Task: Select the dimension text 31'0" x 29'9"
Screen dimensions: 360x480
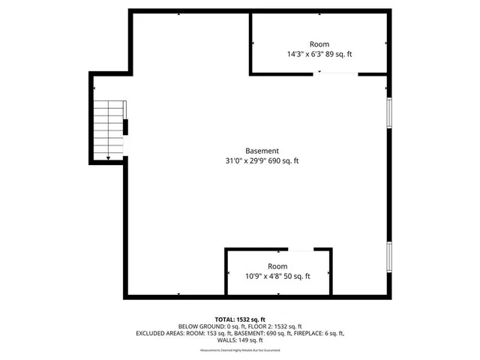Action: pyautogui.click(x=247, y=160)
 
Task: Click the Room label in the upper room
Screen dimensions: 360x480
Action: pyautogui.click(x=319, y=44)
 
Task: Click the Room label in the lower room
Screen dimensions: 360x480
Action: pyautogui.click(x=277, y=266)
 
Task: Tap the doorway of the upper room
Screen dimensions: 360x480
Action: pyautogui.click(x=336, y=73)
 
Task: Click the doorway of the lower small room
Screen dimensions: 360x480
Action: pyautogui.click(x=301, y=250)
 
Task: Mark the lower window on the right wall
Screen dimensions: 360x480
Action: pyautogui.click(x=388, y=256)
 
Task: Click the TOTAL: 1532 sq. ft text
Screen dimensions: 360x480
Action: pyautogui.click(x=240, y=319)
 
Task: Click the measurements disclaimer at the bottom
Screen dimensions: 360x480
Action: pyautogui.click(x=240, y=350)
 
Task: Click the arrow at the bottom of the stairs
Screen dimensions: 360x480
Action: pyautogui.click(x=109, y=157)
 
